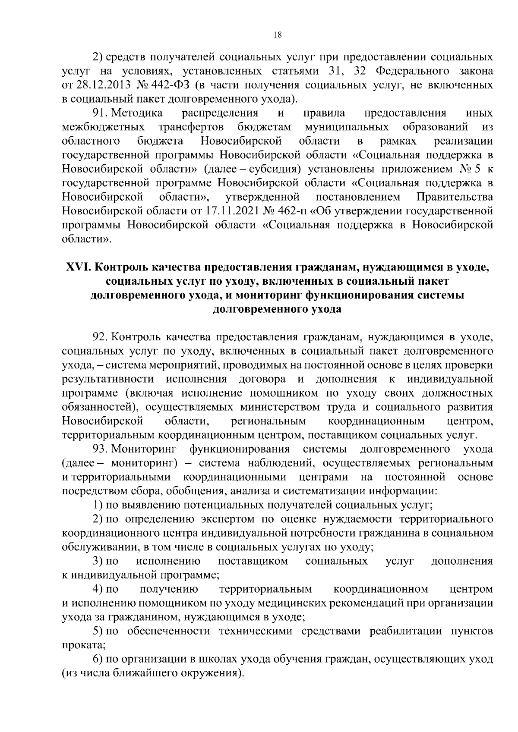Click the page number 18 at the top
coord(278,36)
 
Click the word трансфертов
coord(191,127)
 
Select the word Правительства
coord(454,198)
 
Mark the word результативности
coord(108,379)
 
